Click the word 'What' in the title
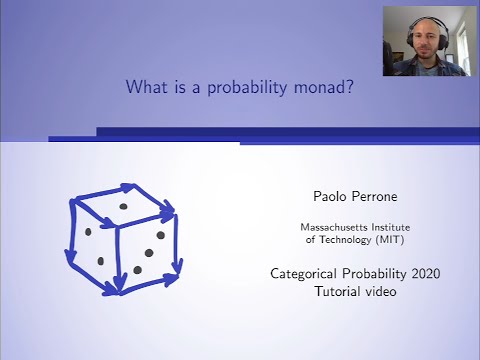[x=145, y=87]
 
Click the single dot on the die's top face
[x=124, y=206]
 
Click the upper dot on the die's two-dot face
[x=87, y=232]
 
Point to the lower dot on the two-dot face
[x=100, y=260]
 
